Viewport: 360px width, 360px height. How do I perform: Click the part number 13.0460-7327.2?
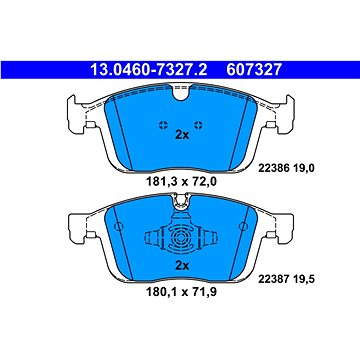(149, 70)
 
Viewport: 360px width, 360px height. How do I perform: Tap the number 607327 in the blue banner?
(254, 70)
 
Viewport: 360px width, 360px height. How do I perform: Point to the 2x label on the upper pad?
(182, 135)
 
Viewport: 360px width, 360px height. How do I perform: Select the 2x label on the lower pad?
(182, 266)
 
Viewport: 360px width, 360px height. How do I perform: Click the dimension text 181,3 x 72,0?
(181, 182)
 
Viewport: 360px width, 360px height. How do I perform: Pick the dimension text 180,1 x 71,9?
(181, 292)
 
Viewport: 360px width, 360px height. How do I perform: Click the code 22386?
(273, 169)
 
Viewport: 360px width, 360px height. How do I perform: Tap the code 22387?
(273, 279)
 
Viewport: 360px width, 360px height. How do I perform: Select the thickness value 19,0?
(304, 169)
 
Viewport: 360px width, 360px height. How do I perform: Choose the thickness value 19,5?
(304, 279)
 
